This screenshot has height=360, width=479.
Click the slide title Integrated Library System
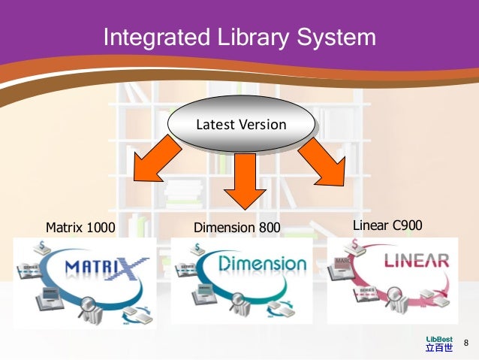click(239, 37)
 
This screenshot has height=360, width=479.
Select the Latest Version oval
click(240, 125)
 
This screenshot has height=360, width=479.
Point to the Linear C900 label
click(388, 225)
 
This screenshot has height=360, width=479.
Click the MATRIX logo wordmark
click(106, 266)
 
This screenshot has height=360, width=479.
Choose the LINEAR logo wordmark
click(417, 262)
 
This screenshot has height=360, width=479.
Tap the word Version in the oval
click(262, 125)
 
